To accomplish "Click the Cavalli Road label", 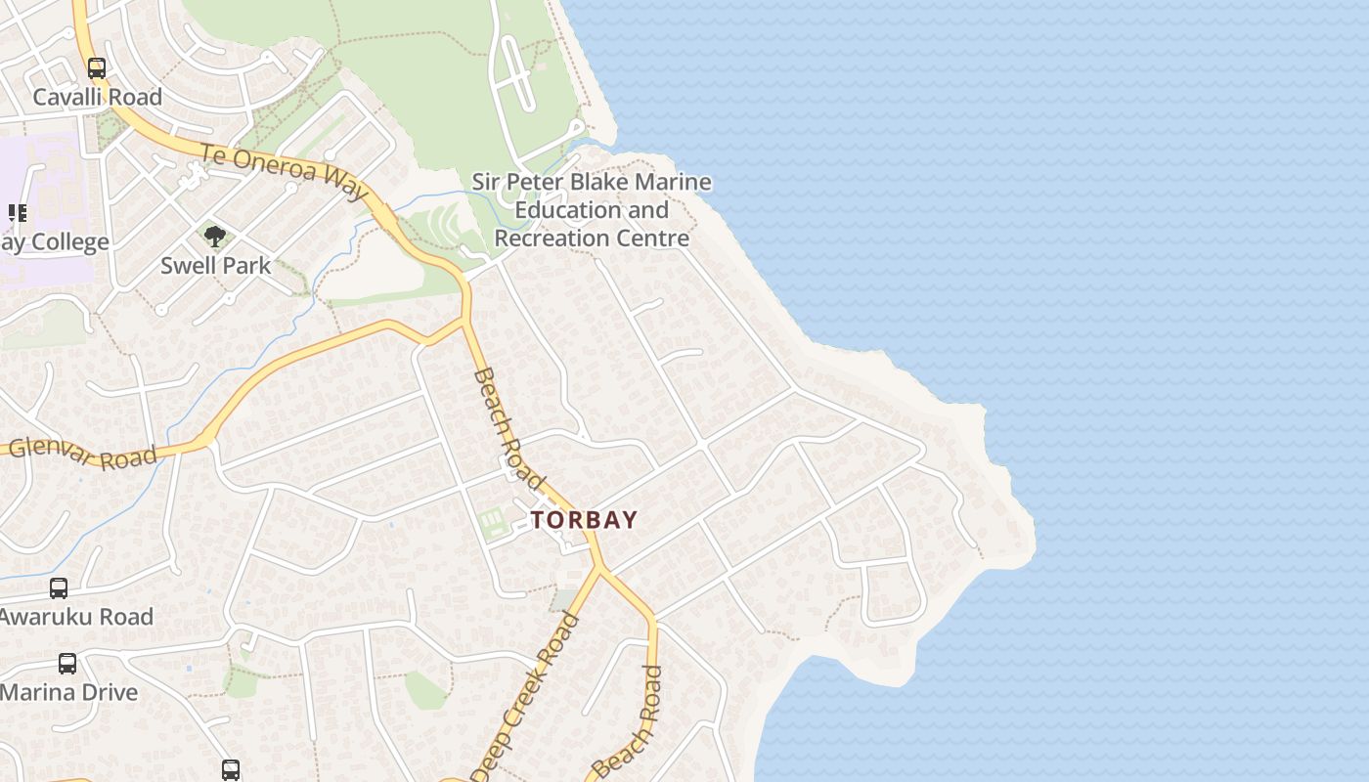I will (x=97, y=97).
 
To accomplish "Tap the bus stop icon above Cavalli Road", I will (x=96, y=68).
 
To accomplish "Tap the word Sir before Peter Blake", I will (x=485, y=183).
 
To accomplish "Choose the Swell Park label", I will (x=215, y=265).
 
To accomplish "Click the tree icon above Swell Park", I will (x=215, y=236).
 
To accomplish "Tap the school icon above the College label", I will (x=17, y=212).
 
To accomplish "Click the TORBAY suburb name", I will (x=585, y=520).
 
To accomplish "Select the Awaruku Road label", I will (x=76, y=617).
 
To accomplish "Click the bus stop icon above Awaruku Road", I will (x=59, y=588).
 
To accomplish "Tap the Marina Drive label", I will (x=68, y=692).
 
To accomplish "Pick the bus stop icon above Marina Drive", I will (x=66, y=663).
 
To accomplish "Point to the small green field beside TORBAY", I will (x=494, y=521).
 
